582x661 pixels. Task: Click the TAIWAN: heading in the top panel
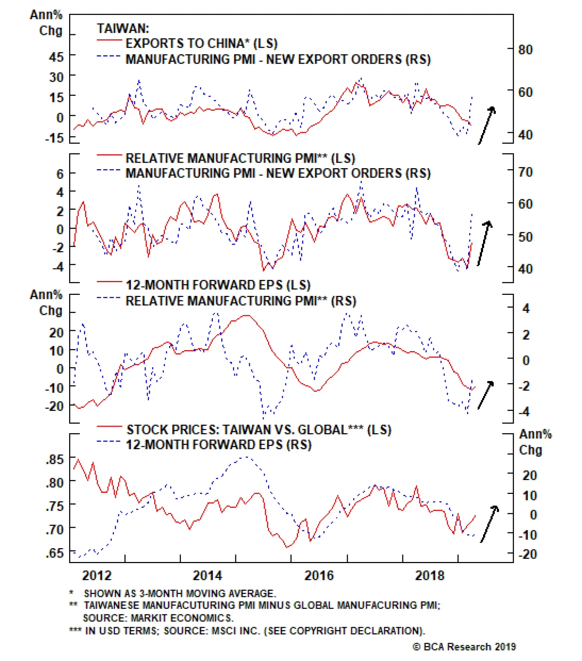(123, 28)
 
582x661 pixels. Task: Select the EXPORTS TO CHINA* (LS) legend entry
(201, 43)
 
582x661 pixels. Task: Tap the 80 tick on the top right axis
(525, 50)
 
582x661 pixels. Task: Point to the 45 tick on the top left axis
(56, 57)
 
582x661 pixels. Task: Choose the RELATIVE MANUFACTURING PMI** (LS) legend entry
(240, 158)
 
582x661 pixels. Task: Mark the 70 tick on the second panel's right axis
(525, 172)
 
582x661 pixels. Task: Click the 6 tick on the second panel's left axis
(60, 174)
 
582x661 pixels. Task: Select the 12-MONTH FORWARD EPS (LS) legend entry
(218, 285)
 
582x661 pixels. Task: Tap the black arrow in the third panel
(486, 395)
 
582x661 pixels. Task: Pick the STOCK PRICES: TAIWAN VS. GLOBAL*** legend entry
(258, 430)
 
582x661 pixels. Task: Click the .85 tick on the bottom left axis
(55, 459)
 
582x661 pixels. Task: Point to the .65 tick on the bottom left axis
(55, 553)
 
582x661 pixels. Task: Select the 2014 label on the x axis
(207, 575)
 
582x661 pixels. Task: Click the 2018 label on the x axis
(430, 575)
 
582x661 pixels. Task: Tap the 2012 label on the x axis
(96, 575)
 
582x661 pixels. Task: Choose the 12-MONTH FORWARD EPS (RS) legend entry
(218, 445)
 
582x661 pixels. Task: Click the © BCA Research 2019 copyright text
(464, 646)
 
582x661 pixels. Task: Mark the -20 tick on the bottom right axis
(527, 554)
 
